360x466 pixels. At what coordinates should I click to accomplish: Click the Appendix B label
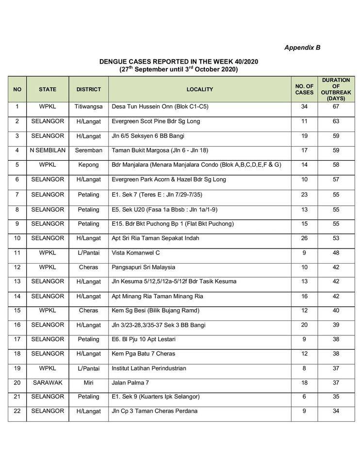click(x=302, y=48)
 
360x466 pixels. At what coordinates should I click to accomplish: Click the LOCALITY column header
click(x=199, y=89)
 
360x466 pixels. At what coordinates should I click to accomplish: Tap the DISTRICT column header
click(x=88, y=89)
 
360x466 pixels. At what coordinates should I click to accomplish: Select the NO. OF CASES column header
click(x=304, y=89)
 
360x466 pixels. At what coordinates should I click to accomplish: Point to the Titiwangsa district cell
click(x=88, y=106)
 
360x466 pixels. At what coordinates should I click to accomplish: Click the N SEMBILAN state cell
click(x=48, y=150)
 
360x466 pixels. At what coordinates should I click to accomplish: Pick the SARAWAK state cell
click(x=48, y=383)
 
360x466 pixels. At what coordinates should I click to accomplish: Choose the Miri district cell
click(x=88, y=383)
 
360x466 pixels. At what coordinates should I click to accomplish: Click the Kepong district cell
click(x=88, y=165)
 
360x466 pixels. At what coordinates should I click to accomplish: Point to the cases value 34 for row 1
click(x=304, y=106)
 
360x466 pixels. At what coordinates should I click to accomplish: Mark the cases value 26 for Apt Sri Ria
click(x=304, y=238)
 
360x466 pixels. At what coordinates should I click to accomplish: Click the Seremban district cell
click(x=88, y=150)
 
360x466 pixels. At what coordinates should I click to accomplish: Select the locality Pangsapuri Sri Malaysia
click(x=144, y=267)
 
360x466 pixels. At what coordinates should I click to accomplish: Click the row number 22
click(x=17, y=411)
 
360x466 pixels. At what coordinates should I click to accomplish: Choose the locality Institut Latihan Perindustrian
click(x=149, y=368)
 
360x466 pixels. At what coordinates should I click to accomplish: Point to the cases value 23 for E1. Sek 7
click(x=304, y=194)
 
